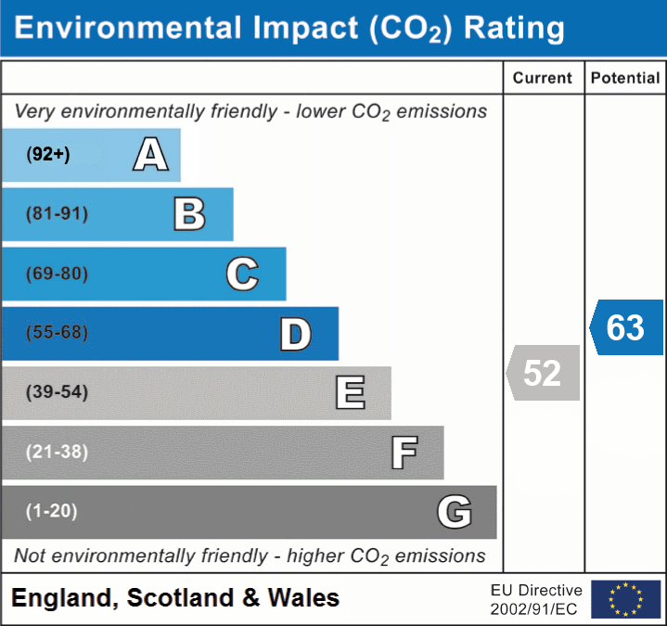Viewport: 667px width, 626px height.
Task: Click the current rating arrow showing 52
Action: click(x=544, y=373)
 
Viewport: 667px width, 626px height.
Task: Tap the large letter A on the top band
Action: click(x=150, y=154)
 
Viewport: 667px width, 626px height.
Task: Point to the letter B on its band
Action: click(x=189, y=214)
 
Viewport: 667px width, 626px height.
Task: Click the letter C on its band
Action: click(x=242, y=274)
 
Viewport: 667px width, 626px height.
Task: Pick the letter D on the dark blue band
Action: click(x=295, y=334)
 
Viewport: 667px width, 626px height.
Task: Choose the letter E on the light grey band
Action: click(x=350, y=392)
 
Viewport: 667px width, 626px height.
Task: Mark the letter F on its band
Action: click(x=404, y=453)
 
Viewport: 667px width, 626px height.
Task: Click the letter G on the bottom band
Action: click(x=455, y=512)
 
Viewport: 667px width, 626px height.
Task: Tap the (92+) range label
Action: click(x=48, y=155)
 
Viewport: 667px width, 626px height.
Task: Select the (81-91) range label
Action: click(x=57, y=214)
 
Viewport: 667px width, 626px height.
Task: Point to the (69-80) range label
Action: click(x=57, y=274)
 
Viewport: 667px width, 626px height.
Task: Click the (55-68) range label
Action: click(x=57, y=333)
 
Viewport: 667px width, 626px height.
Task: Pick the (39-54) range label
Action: click(x=57, y=392)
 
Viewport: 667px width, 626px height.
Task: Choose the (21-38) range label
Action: click(x=57, y=452)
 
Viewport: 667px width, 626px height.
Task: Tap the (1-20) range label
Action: click(x=52, y=511)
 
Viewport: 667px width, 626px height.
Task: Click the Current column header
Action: click(x=544, y=79)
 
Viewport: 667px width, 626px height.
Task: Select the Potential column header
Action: click(x=625, y=79)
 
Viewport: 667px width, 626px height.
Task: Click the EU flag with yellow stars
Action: click(x=626, y=599)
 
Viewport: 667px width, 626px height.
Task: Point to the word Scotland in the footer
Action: click(x=180, y=598)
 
